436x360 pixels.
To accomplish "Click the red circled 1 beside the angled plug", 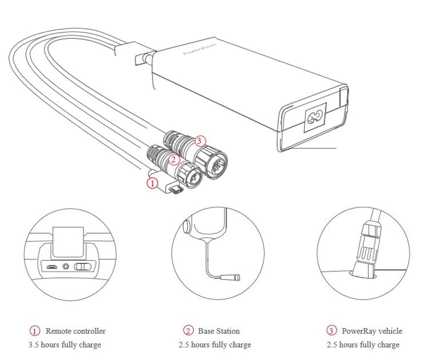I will pos(152,183).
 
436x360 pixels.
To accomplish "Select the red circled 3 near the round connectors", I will pos(199,140).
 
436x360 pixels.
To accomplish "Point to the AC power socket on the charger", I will pos(314,118).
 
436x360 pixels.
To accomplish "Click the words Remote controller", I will pos(75,331).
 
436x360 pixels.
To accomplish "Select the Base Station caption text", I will pos(219,331).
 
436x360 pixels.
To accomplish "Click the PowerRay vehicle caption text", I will pos(372,331).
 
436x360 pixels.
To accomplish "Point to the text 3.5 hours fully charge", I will pos(65,345).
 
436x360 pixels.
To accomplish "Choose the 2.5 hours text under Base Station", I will pos(214,345).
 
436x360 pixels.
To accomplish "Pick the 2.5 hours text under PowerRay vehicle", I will pos(363,345).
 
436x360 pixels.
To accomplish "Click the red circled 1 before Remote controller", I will pos(35,331).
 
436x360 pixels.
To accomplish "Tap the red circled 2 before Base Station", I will pos(188,331).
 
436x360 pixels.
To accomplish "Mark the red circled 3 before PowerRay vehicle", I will pos(331,331).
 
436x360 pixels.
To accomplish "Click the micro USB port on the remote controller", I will pos(51,266).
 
